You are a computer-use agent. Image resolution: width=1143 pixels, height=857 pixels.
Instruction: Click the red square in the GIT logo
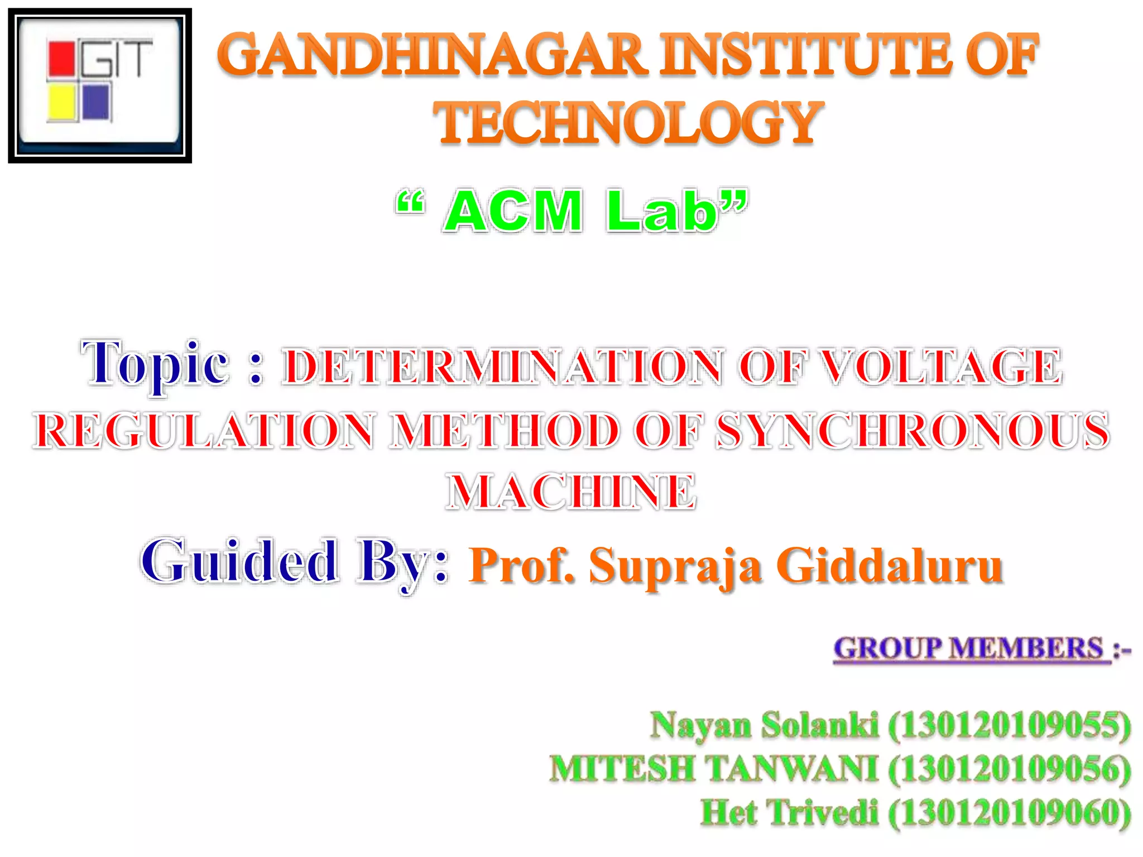[x=61, y=59]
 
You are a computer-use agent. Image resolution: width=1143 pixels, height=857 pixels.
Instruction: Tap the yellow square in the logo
[x=61, y=103]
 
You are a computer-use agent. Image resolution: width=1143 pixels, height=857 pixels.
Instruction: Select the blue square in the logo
[x=96, y=102]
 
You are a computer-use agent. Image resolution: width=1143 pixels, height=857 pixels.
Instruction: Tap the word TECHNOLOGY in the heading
[x=628, y=123]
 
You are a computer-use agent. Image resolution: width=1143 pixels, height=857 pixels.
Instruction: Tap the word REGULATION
[x=204, y=431]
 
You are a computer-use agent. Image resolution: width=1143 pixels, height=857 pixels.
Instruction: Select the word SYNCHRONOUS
[x=913, y=431]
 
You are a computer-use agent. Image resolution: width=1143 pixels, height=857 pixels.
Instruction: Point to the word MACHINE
[x=571, y=492]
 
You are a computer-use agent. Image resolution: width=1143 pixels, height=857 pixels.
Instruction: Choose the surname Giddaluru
[x=890, y=566]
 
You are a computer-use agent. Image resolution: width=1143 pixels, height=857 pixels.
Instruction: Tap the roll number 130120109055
[x=1010, y=725]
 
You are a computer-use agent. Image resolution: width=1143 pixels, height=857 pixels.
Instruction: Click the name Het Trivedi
[x=789, y=812]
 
